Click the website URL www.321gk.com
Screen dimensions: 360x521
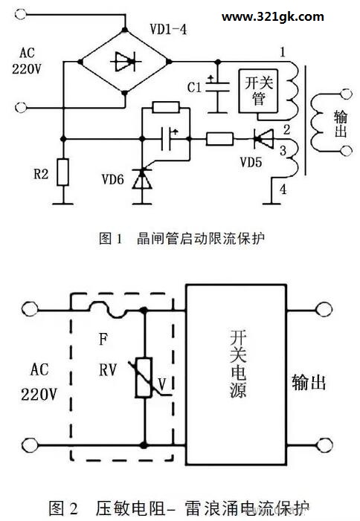coord(272,17)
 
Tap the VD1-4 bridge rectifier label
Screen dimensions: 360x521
coord(168,30)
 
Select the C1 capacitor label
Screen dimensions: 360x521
coord(194,88)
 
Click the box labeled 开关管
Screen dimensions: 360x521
coord(259,91)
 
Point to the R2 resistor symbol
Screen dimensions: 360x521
coord(62,172)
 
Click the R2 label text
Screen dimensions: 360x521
coord(41,174)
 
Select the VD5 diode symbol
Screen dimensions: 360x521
coord(263,139)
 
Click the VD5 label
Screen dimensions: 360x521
coord(251,163)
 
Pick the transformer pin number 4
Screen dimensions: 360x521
coord(283,190)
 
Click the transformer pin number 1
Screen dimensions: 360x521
coord(283,52)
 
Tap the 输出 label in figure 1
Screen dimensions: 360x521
coord(341,124)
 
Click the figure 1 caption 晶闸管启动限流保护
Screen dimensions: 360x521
coord(201,239)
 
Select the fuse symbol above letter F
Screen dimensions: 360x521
coord(108,310)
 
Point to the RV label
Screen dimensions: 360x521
coord(108,369)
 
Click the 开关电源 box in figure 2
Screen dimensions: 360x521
coord(236,375)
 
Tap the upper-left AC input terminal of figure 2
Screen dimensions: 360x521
coord(30,309)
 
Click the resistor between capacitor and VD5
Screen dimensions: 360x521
coord(219,139)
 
